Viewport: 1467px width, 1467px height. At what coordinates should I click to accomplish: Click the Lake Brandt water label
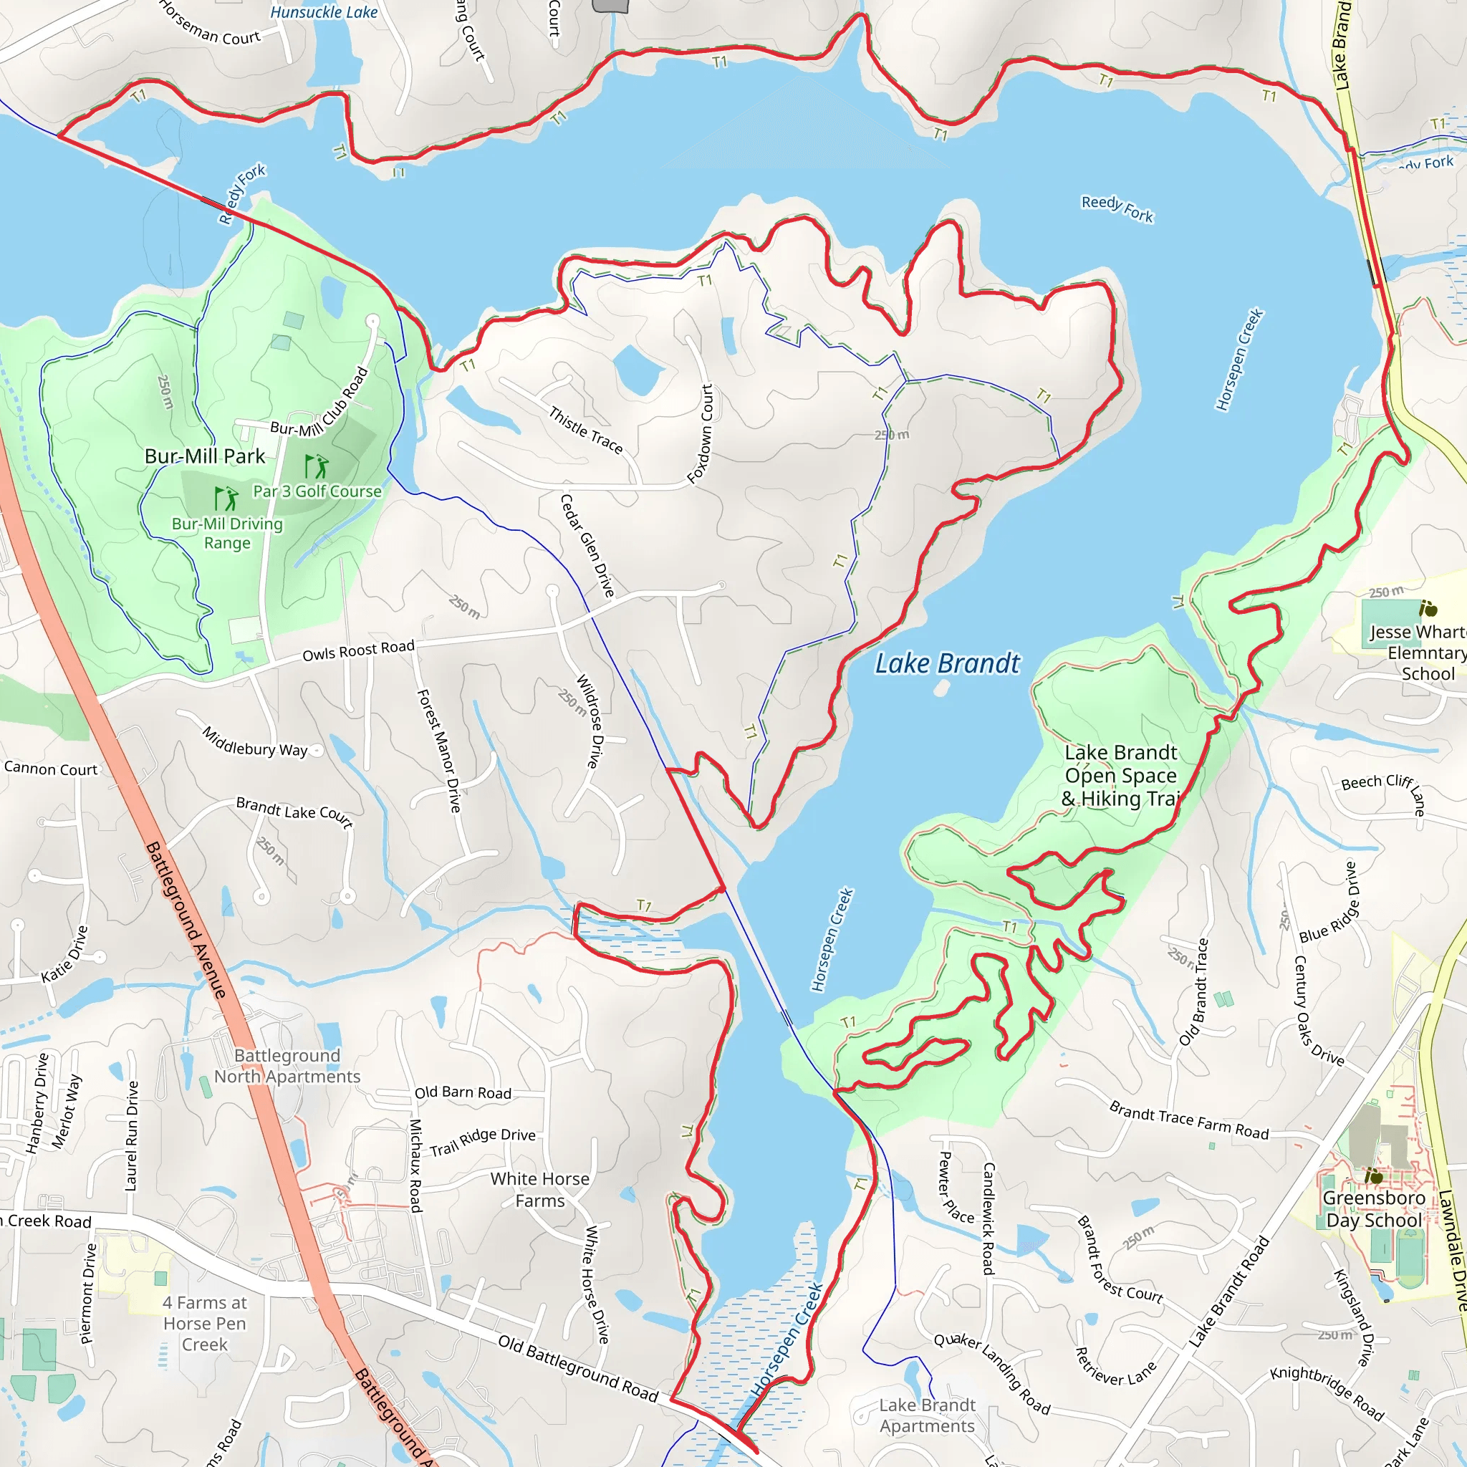click(x=947, y=663)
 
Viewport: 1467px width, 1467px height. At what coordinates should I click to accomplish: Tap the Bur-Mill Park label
click(x=204, y=456)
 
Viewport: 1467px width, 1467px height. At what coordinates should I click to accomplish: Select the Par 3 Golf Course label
click(x=317, y=491)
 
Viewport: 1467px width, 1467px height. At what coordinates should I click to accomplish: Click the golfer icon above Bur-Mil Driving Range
click(x=226, y=498)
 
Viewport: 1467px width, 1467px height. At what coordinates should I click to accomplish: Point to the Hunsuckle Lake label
click(x=324, y=12)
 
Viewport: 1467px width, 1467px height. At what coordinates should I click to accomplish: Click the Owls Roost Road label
click(x=358, y=650)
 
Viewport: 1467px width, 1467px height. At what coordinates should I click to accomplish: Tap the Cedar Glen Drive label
click(x=587, y=545)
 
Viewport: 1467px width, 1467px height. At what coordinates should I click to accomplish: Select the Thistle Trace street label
click(x=585, y=431)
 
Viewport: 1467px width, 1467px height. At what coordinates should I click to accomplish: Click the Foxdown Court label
click(x=700, y=433)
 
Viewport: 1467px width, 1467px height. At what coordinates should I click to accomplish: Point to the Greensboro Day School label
click(x=1374, y=1209)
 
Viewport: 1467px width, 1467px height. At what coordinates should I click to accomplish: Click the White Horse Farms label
click(x=540, y=1190)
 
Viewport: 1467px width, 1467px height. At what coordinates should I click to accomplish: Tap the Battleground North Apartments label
click(x=287, y=1066)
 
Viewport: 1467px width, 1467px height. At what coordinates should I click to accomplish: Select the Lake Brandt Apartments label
click(x=926, y=1415)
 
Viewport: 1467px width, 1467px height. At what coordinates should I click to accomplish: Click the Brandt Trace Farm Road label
click(x=1189, y=1120)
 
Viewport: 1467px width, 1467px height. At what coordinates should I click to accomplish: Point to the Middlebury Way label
click(x=254, y=742)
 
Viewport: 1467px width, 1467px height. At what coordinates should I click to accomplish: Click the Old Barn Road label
click(x=463, y=1092)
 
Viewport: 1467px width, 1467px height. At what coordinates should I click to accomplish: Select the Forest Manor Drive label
click(x=439, y=751)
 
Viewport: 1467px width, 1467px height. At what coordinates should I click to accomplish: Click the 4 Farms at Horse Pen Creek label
click(x=204, y=1324)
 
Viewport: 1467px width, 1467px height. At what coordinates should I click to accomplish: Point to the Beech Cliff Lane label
click(x=1382, y=789)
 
